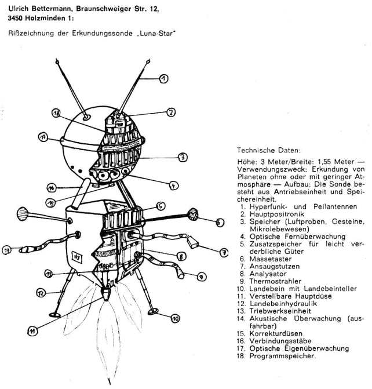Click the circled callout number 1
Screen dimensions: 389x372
pyautogui.click(x=164, y=78)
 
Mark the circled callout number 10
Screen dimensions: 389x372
pyautogui.click(x=174, y=317)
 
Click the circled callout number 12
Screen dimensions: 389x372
pyautogui.click(x=41, y=294)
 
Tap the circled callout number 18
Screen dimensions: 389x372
pyautogui.click(x=57, y=114)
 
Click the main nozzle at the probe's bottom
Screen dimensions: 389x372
pyautogui.click(x=107, y=295)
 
